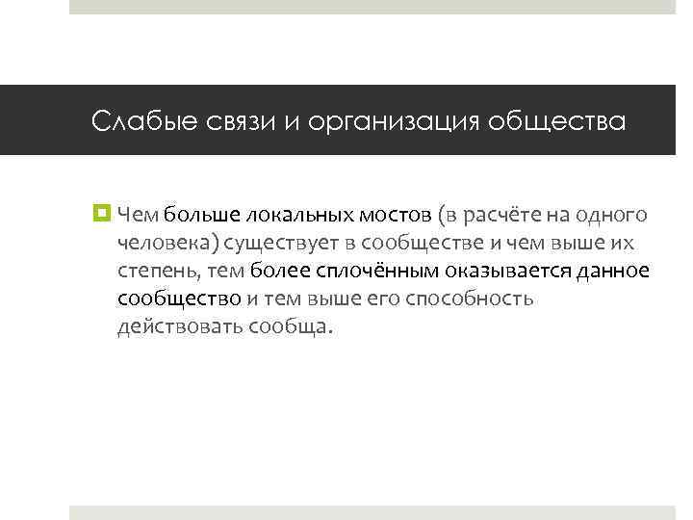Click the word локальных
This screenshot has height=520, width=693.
[297, 215]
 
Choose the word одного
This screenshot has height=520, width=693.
[615, 215]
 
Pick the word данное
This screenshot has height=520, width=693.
[613, 271]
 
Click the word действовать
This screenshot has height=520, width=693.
[179, 326]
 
